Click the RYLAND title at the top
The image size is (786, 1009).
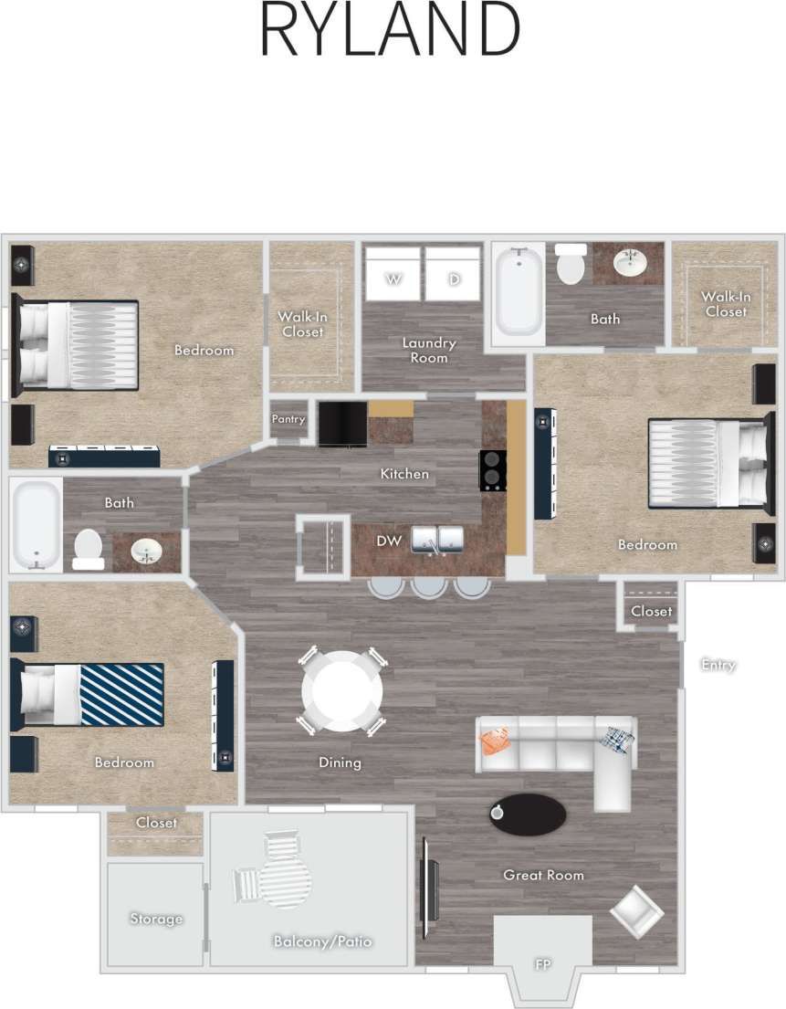[390, 31]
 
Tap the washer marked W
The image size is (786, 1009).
[393, 273]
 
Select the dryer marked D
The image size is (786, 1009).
[453, 273]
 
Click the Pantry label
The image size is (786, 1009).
[288, 419]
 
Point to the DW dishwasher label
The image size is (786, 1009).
[389, 541]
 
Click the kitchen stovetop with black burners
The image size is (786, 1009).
[493, 470]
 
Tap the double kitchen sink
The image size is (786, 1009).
[439, 540]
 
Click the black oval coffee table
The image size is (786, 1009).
[527, 814]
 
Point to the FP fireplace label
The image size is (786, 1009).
[543, 964]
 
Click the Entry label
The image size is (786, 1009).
[718, 665]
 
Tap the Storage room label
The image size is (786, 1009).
[156, 919]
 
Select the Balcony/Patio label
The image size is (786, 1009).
[323, 941]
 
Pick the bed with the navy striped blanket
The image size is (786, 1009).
[91, 694]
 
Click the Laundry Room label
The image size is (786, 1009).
[429, 350]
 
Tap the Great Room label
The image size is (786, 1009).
[543, 875]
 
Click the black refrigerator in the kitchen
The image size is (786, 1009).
[341, 423]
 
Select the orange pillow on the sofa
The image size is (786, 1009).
[495, 741]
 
